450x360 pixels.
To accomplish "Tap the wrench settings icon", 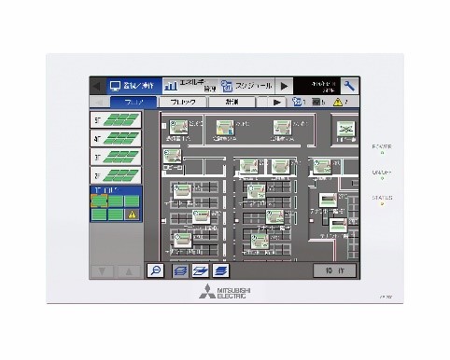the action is [349, 85].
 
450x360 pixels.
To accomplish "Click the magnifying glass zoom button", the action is [156, 270].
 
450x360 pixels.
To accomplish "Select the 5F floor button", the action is [115, 119].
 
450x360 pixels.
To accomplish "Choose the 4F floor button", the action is [115, 137].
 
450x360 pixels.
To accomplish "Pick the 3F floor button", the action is [115, 156].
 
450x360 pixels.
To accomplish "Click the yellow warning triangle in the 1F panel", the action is [132, 214].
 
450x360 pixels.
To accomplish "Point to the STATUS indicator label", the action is [381, 198].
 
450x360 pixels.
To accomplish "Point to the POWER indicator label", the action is [381, 146].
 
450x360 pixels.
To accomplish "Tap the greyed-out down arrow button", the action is [103, 270].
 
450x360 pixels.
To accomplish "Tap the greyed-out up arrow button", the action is [128, 270].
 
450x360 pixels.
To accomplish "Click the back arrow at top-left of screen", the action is [98, 85].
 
